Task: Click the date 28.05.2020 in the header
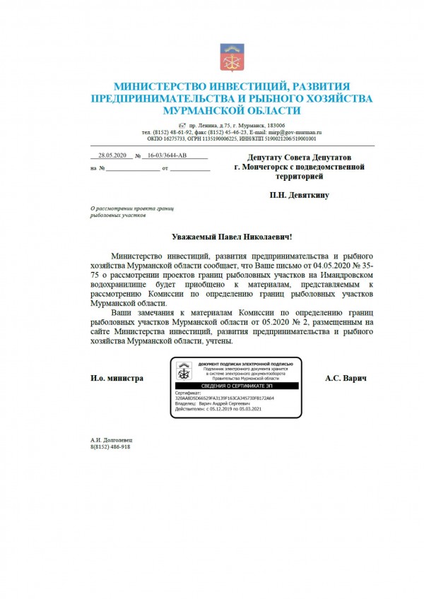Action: (112, 156)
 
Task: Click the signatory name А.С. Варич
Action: (346, 379)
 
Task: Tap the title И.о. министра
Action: (117, 379)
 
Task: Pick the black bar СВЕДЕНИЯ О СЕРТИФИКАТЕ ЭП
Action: (236, 386)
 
